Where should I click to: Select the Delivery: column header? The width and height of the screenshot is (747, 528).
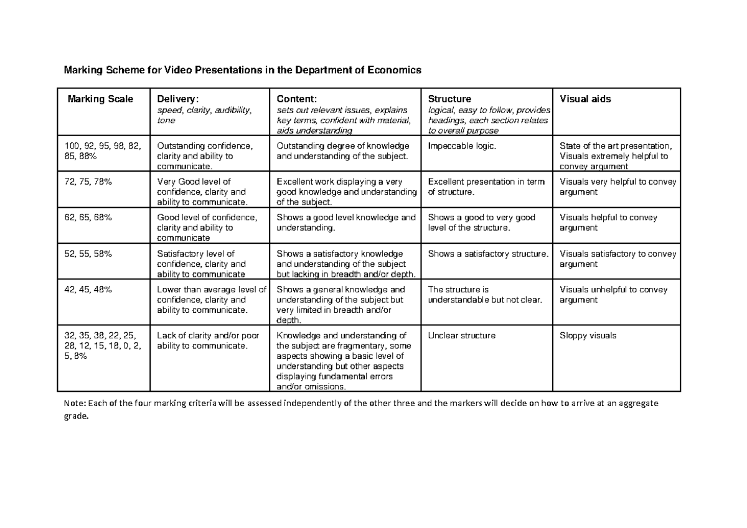(x=178, y=99)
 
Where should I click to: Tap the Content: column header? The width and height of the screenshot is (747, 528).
(x=297, y=99)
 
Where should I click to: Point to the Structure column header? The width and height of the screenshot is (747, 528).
(x=449, y=99)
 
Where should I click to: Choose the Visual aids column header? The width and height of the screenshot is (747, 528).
(x=585, y=99)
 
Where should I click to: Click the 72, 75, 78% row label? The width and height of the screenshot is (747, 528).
(x=89, y=182)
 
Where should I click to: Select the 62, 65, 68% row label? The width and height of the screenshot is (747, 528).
(x=89, y=218)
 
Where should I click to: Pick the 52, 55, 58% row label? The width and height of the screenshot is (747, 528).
(x=89, y=254)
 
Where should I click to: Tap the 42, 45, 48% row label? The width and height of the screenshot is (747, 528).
(x=89, y=289)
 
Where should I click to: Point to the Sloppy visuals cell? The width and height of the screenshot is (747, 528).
(x=588, y=335)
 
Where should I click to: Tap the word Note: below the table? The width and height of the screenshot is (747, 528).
(x=76, y=403)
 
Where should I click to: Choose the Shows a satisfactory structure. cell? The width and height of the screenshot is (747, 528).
(x=489, y=254)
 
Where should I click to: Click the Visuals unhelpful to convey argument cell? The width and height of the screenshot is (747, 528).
(x=613, y=294)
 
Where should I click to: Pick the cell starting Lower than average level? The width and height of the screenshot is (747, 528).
(x=211, y=299)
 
